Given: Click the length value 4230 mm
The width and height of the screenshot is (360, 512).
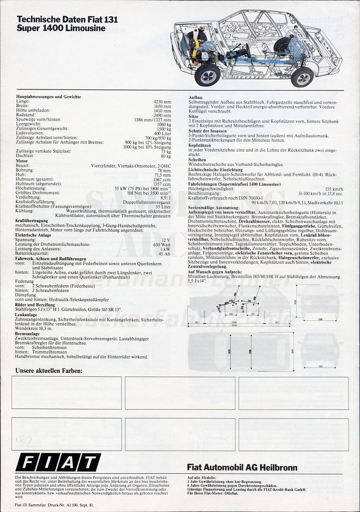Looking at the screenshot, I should pyautogui.click(x=162, y=101).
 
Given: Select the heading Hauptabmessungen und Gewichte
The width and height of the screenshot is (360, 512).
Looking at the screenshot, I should pyautogui.click(x=49, y=96).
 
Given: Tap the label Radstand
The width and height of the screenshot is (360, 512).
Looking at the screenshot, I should pyautogui.click(x=25, y=115).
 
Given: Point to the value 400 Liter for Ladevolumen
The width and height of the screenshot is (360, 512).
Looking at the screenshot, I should pyautogui.click(x=162, y=133).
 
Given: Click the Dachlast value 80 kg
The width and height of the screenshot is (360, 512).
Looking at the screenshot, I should pyautogui.click(x=166, y=156).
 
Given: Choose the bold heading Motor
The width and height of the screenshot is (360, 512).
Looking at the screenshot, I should pyautogui.click(x=22, y=161).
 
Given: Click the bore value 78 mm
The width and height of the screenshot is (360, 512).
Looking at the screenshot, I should pyautogui.click(x=164, y=170).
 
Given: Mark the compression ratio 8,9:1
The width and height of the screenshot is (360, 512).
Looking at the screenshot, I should pyautogui.click(x=164, y=197).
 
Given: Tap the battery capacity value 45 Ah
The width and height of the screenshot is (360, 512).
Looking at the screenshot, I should pyautogui.click(x=165, y=253).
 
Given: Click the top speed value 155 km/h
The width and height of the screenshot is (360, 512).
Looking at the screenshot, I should pyautogui.click(x=334, y=189).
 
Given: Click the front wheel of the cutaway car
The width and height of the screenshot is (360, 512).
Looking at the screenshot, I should pyautogui.click(x=207, y=75).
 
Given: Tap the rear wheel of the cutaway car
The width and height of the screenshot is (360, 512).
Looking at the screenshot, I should pyautogui.click(x=302, y=77).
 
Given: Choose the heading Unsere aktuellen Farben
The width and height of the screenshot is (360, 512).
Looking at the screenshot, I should pyautogui.click(x=49, y=371).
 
